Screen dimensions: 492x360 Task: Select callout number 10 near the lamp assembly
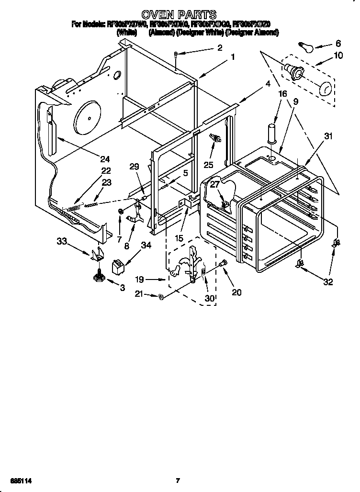(x=338, y=56)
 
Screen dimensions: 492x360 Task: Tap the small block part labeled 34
(x=118, y=266)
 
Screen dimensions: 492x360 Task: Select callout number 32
(x=327, y=282)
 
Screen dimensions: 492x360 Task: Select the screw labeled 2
(x=176, y=54)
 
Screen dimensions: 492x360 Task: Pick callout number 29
(x=134, y=167)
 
